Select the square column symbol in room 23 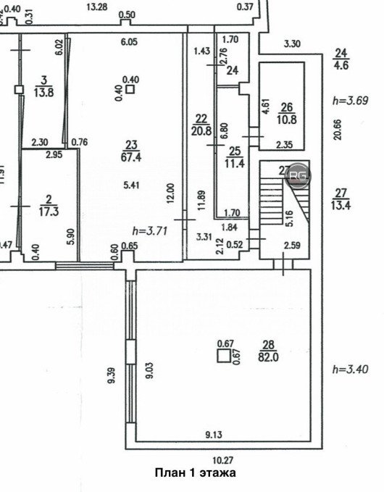(130, 90)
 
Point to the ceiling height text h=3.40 (350, 369)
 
